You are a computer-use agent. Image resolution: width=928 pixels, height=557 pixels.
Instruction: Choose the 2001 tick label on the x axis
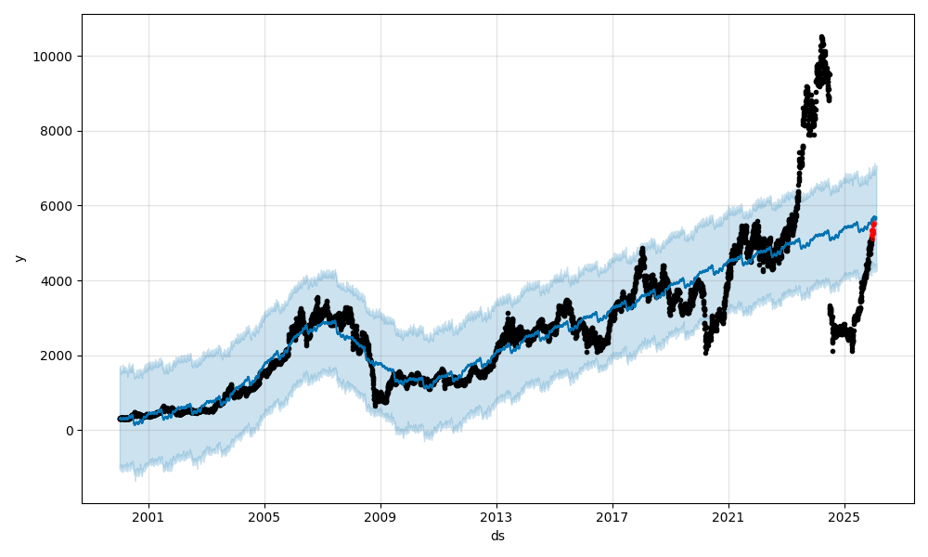148,516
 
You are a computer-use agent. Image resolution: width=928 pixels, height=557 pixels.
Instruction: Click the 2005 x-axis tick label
264,516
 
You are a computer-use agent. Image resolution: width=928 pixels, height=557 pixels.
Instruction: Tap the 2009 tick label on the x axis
380,516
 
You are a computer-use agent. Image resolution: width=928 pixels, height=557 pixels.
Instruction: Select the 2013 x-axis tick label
496,516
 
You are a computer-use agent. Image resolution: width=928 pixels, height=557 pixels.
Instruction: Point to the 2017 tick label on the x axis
612,516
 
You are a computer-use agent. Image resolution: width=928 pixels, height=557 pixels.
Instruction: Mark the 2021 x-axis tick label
728,516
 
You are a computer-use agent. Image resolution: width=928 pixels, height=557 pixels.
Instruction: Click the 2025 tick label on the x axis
844,516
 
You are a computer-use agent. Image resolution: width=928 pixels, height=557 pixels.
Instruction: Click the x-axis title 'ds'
497,536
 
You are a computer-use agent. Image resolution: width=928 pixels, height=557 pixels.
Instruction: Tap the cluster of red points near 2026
872,231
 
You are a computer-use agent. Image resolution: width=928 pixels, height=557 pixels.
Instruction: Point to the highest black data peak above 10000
821,37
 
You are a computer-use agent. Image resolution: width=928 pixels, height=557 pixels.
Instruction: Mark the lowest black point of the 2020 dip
706,353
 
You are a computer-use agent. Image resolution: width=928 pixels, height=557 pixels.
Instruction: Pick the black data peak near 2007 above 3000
317,299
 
